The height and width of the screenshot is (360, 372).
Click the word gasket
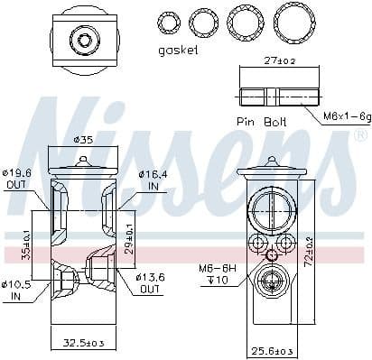[x=177, y=51]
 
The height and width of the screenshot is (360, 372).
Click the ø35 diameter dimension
[x=83, y=140]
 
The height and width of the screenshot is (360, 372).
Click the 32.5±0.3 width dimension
[x=83, y=344]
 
